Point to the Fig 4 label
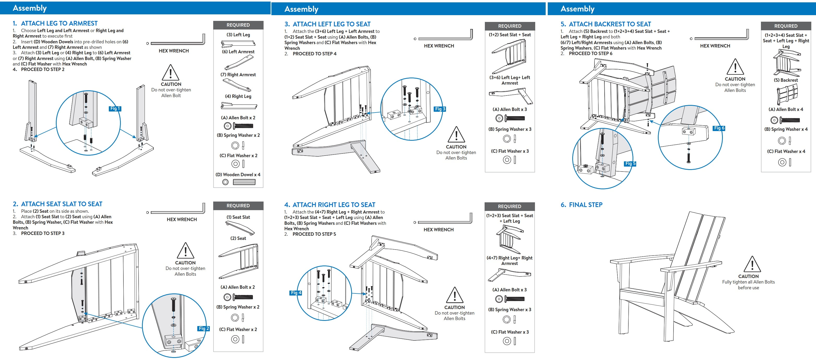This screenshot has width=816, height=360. click(x=296, y=293)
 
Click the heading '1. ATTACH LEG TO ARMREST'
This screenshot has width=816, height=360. click(x=55, y=23)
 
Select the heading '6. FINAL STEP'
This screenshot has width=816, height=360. click(x=582, y=205)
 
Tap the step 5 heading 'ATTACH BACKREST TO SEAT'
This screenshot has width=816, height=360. click(x=610, y=24)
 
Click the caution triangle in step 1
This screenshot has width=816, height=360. click(x=170, y=72)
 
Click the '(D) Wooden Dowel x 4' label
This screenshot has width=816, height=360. click(x=238, y=175)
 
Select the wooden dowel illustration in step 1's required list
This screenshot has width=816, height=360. click(x=244, y=182)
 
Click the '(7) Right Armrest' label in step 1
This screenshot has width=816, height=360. click(x=238, y=75)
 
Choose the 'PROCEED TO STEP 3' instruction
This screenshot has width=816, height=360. click(x=43, y=233)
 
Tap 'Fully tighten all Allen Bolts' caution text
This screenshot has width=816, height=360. click(x=748, y=282)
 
